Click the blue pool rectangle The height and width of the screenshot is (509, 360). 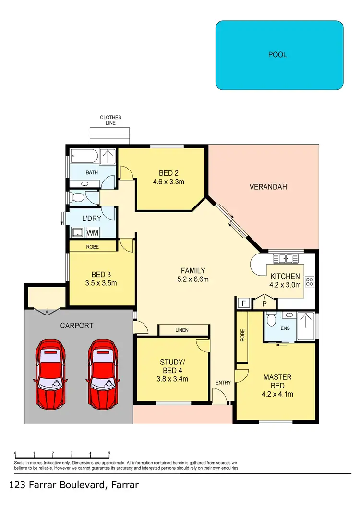tap(279, 55)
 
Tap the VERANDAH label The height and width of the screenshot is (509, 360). tap(268, 187)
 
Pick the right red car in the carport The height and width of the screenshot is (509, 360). tap(102, 372)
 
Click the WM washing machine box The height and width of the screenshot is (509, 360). tap(92, 233)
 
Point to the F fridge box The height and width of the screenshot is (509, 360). tap(243, 303)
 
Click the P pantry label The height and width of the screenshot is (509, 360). tap(264, 304)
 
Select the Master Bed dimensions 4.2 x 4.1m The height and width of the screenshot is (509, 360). tap(277, 395)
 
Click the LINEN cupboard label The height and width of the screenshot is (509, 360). tap(182, 330)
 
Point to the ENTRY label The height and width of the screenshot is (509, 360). tap(224, 383)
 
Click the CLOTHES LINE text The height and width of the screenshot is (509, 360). tap(110, 120)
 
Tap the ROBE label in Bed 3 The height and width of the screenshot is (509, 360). tap(93, 247)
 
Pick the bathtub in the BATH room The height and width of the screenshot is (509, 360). tap(84, 157)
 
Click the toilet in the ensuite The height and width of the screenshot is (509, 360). tap(272, 319)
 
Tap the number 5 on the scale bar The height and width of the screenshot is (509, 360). tap(109, 453)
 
